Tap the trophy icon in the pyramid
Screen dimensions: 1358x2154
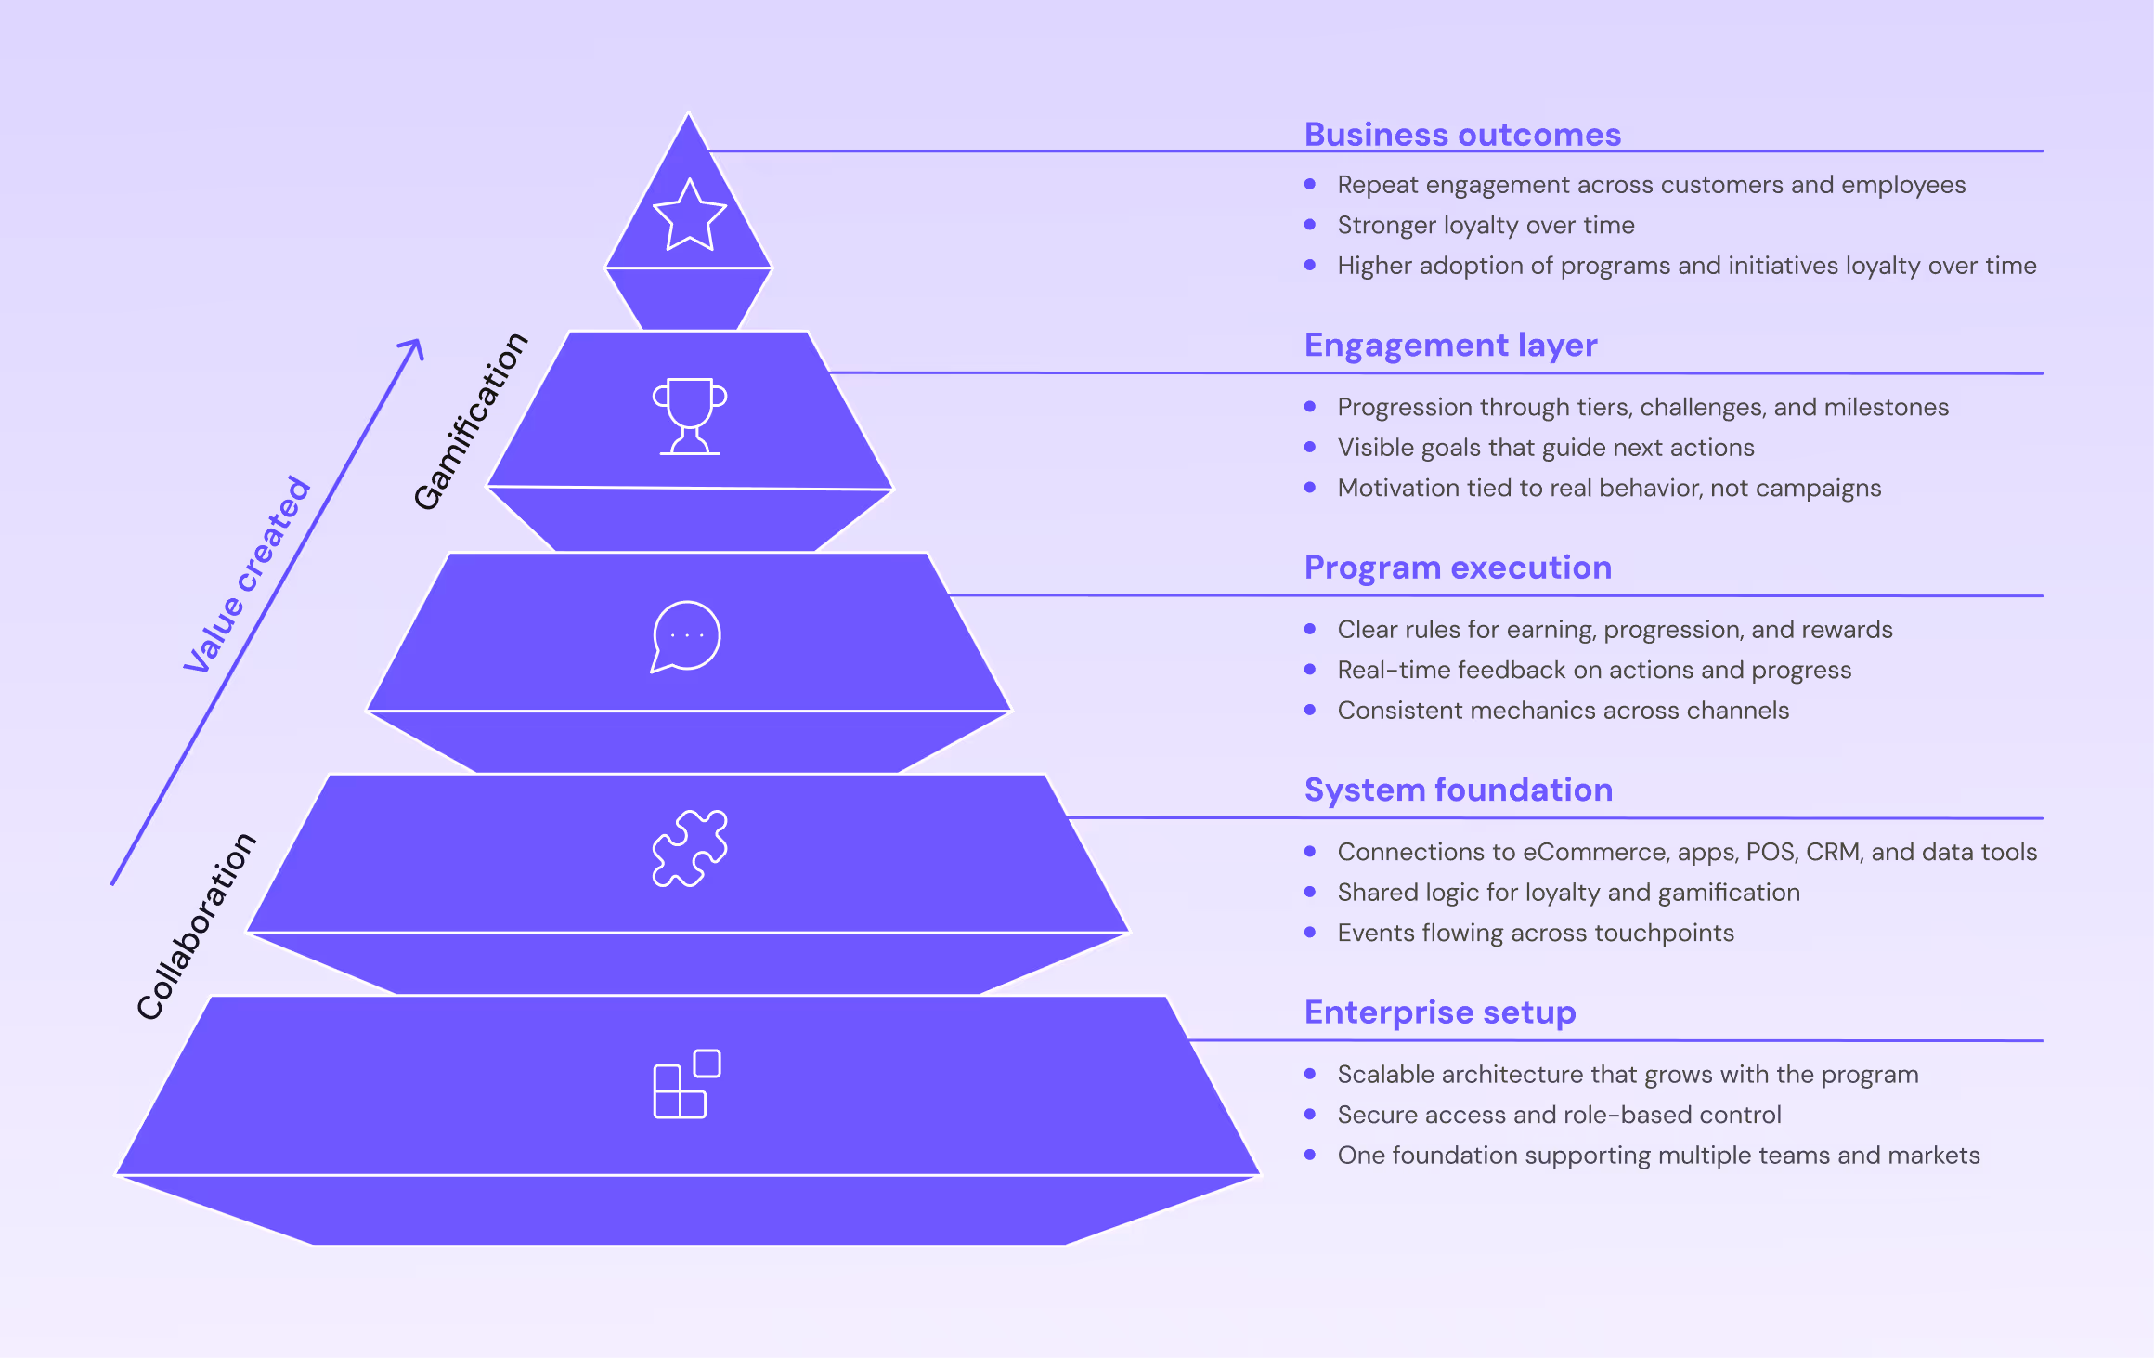tap(689, 415)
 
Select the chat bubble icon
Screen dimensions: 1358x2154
tap(686, 636)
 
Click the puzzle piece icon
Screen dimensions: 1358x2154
tap(690, 848)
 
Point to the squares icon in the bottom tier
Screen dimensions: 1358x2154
tap(687, 1084)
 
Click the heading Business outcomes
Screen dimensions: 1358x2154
tap(1462, 135)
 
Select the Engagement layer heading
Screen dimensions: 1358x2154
tap(1450, 345)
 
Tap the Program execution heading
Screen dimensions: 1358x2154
tap(1458, 568)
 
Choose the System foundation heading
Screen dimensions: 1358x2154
tap(1459, 790)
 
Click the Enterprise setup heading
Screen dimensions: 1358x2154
tap(1440, 1012)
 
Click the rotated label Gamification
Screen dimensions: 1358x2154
tap(470, 421)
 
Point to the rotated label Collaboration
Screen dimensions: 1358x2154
tap(196, 926)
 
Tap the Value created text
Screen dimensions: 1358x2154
tap(247, 574)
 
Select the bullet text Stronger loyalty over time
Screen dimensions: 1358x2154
tap(1486, 225)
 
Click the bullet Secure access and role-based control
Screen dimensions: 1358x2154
tap(1559, 1115)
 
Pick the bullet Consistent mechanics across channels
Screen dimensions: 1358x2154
tap(1563, 711)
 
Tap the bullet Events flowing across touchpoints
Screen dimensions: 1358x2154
tap(1536, 933)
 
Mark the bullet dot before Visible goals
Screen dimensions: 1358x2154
tap(1310, 447)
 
